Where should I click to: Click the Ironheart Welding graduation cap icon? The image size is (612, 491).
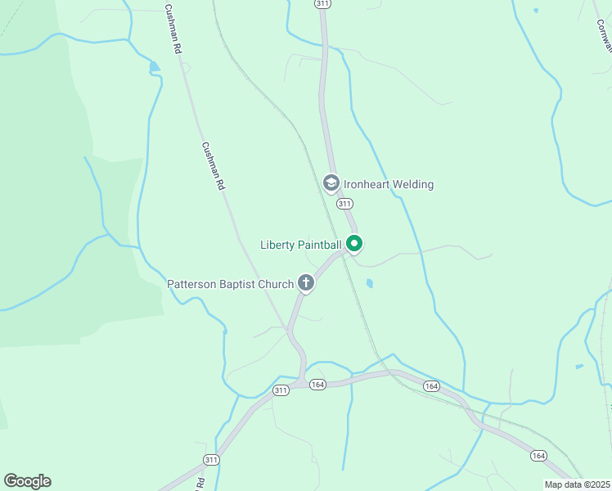[x=331, y=183]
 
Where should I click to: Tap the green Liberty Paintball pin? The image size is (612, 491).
[x=354, y=243]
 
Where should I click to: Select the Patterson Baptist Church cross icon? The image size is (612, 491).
[x=306, y=283]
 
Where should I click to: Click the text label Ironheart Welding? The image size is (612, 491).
[x=389, y=184]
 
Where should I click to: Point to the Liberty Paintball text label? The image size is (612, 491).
[x=300, y=244]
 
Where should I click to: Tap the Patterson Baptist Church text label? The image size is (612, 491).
[x=230, y=284]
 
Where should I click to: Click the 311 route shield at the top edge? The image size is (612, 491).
[x=322, y=4]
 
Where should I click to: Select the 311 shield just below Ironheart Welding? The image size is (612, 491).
[x=344, y=204]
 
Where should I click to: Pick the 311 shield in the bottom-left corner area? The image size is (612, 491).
[x=211, y=459]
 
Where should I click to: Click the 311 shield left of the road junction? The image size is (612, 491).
[x=281, y=390]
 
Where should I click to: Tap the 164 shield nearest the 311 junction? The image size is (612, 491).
[x=318, y=385]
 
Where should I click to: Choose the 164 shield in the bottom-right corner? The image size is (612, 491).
[x=538, y=456]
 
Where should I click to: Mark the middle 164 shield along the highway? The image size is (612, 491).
[x=431, y=386]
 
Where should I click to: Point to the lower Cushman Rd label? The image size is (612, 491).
[x=212, y=164]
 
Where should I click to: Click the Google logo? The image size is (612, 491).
[x=27, y=481]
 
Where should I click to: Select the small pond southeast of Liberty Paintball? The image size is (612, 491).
[x=370, y=284]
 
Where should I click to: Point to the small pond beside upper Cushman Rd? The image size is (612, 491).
[x=153, y=66]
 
